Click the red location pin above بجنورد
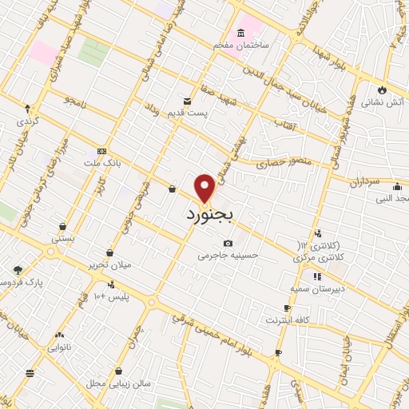(x=205, y=188)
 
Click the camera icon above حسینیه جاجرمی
(x=228, y=243)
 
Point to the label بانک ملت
(x=101, y=162)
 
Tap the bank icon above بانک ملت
(x=101, y=150)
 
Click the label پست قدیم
(x=189, y=113)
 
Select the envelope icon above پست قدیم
(x=188, y=101)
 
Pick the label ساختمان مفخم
(x=241, y=46)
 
